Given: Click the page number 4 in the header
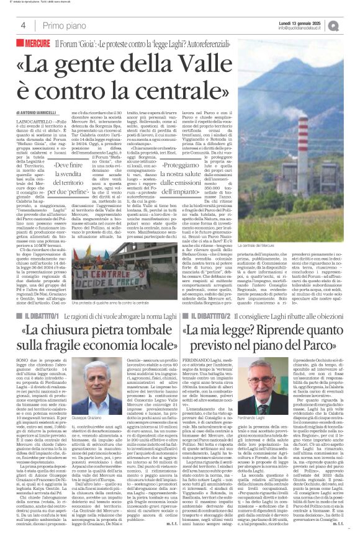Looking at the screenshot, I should [22, 25].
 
